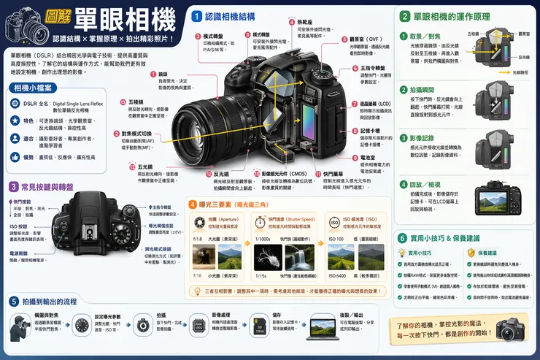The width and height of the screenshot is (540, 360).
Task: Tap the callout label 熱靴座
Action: click(307, 23)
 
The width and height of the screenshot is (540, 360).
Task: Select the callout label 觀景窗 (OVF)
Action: click(366, 39)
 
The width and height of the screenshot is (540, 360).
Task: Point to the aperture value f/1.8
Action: click(197, 239)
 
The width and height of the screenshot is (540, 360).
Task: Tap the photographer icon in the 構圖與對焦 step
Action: click(20, 328)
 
